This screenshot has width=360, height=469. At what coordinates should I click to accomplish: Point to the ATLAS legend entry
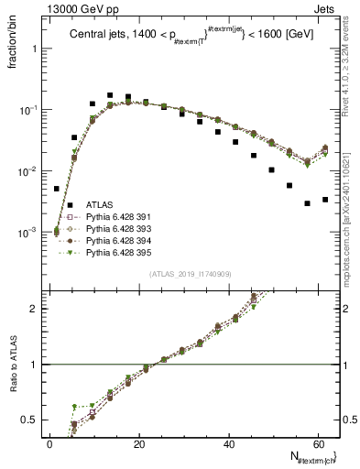coord(98,203)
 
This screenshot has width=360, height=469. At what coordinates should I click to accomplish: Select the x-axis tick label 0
coord(50,443)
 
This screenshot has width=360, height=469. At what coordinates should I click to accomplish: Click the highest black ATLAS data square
coord(110,95)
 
